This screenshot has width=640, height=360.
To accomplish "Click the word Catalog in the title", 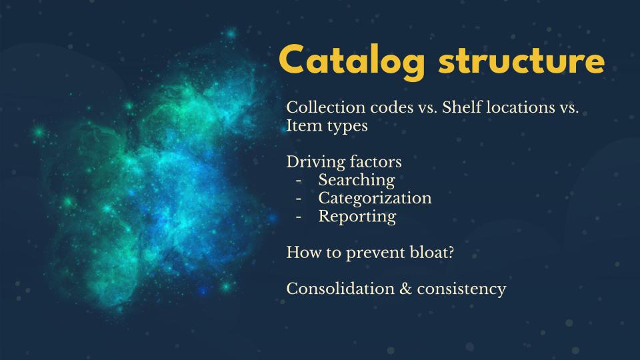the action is (352, 61).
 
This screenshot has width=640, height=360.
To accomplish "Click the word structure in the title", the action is (521, 61).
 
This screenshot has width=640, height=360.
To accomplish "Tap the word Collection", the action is (326, 107).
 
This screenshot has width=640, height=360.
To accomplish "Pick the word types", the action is (346, 127).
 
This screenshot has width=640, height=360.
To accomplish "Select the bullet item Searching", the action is (357, 181).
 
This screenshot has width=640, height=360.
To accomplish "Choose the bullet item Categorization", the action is (375, 199).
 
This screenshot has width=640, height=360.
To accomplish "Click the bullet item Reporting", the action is (357, 217).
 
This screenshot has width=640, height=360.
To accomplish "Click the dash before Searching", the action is (299, 181).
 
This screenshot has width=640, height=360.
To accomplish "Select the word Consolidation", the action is (341, 289).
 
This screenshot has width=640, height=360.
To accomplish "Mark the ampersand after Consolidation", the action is (406, 289).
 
